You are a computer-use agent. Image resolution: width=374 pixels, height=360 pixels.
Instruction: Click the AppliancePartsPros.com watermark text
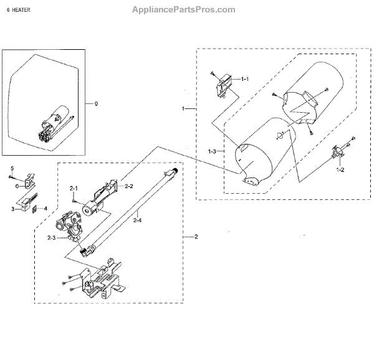184,9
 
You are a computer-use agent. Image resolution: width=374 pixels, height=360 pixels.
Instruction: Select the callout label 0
95,103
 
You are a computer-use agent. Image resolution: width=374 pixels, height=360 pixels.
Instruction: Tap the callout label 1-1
244,79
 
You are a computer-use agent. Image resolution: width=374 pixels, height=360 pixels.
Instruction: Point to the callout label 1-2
340,169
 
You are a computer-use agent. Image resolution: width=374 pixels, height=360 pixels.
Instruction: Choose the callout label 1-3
213,151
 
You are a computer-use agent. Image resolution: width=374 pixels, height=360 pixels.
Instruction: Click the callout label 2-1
73,187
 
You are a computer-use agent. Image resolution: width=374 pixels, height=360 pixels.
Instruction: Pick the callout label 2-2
129,186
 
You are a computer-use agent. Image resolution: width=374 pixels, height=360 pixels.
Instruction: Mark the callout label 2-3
51,237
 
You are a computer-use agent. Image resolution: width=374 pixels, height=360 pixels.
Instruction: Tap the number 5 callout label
11,169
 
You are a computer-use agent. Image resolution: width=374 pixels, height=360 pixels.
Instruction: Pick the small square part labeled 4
35,209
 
